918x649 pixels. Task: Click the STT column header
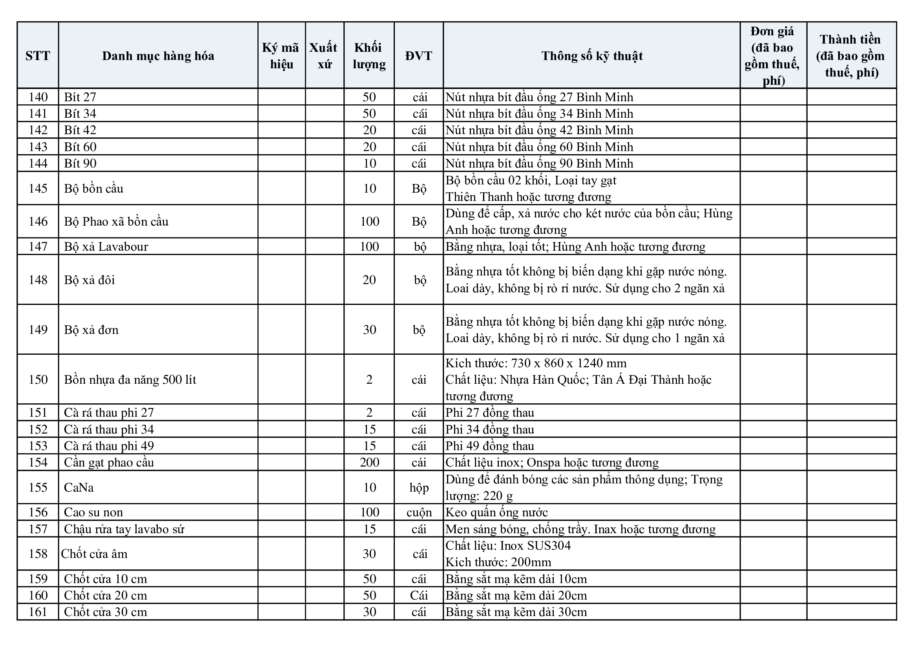coord(38,56)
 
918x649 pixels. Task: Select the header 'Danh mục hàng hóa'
coord(158,56)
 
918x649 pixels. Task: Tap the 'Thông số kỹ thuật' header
coord(592,56)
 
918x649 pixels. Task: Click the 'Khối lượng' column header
coord(369,56)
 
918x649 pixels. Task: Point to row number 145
coord(38,188)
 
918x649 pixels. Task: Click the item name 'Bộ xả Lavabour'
coord(106,246)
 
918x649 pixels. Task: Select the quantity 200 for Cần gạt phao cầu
coord(369,462)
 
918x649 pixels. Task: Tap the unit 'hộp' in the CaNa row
coord(419,488)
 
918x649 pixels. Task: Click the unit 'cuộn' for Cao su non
coord(419,512)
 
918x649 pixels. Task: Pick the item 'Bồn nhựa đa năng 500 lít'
coord(130,379)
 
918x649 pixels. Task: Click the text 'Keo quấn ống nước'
coord(496,512)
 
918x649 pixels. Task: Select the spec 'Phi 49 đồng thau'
coord(490,446)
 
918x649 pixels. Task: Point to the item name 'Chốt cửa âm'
coord(94,554)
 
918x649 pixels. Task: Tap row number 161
coord(38,612)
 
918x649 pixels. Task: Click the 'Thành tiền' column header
coord(851,56)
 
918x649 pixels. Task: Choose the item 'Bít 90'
coord(80,164)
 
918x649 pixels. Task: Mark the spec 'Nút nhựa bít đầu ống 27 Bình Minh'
coord(539,97)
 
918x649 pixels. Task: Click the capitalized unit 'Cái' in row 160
coord(419,596)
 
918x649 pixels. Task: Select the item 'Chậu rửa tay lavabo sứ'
coord(124,529)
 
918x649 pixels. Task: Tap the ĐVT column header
coord(419,56)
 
